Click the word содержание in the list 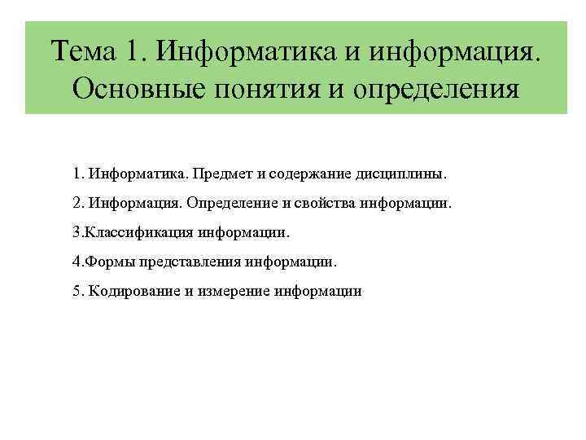point(299,174)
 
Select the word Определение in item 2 point(235,204)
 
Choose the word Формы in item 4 point(105,262)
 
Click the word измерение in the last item point(234,292)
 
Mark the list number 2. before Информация point(78,204)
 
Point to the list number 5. point(78,292)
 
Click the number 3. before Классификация point(77,233)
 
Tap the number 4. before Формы point(77,262)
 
